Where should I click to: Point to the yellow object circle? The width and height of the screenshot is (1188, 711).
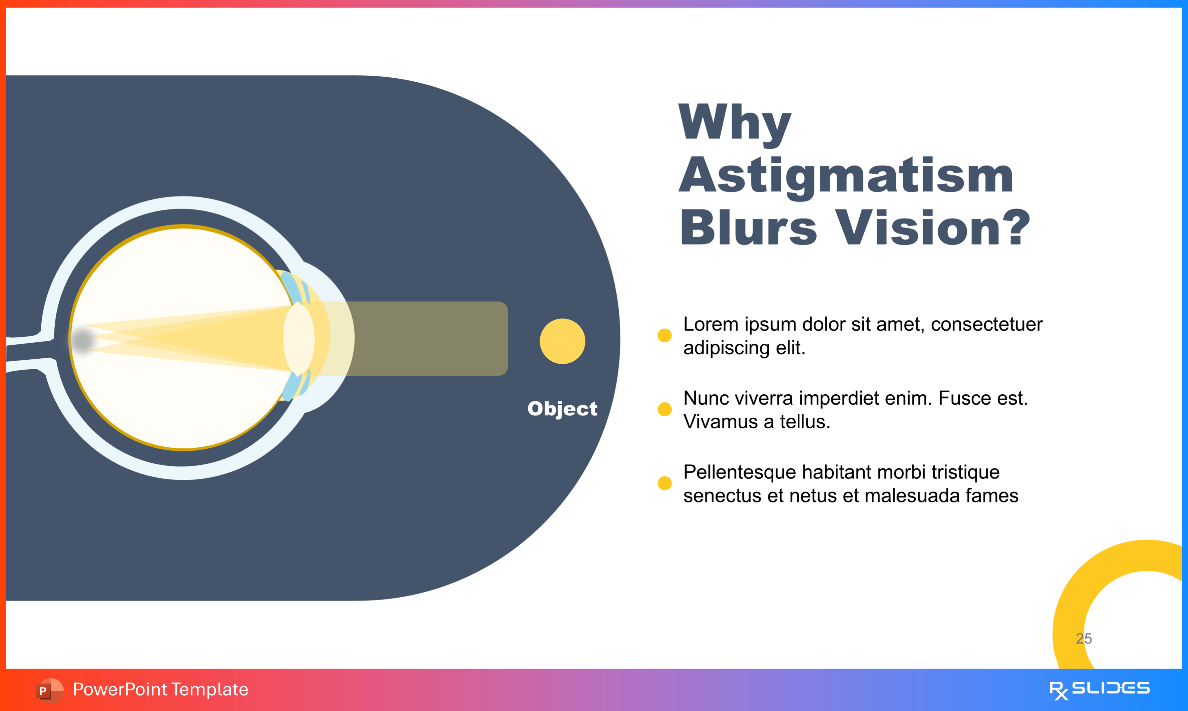562,341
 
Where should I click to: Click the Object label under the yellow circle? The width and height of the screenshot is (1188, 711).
562,409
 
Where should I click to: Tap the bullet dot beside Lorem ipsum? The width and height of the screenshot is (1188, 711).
664,335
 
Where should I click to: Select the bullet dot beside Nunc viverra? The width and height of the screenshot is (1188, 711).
664,409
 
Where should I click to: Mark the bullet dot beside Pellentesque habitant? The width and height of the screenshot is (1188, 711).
664,483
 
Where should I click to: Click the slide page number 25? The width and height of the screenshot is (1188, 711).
1084,638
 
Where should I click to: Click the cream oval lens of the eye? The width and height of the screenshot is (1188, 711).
299,339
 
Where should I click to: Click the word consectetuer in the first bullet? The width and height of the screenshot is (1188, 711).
986,324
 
